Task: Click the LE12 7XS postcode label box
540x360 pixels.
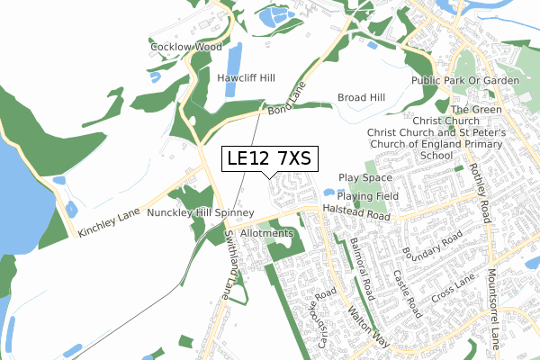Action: [x=268, y=158]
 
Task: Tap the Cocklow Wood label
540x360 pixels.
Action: [x=186, y=47]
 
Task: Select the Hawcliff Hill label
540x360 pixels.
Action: [x=246, y=78]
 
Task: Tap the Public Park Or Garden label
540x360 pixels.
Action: [x=465, y=81]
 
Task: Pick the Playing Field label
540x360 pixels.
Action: [x=368, y=195]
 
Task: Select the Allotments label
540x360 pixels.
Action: [x=267, y=233]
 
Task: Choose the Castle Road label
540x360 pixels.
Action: [x=408, y=293]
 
